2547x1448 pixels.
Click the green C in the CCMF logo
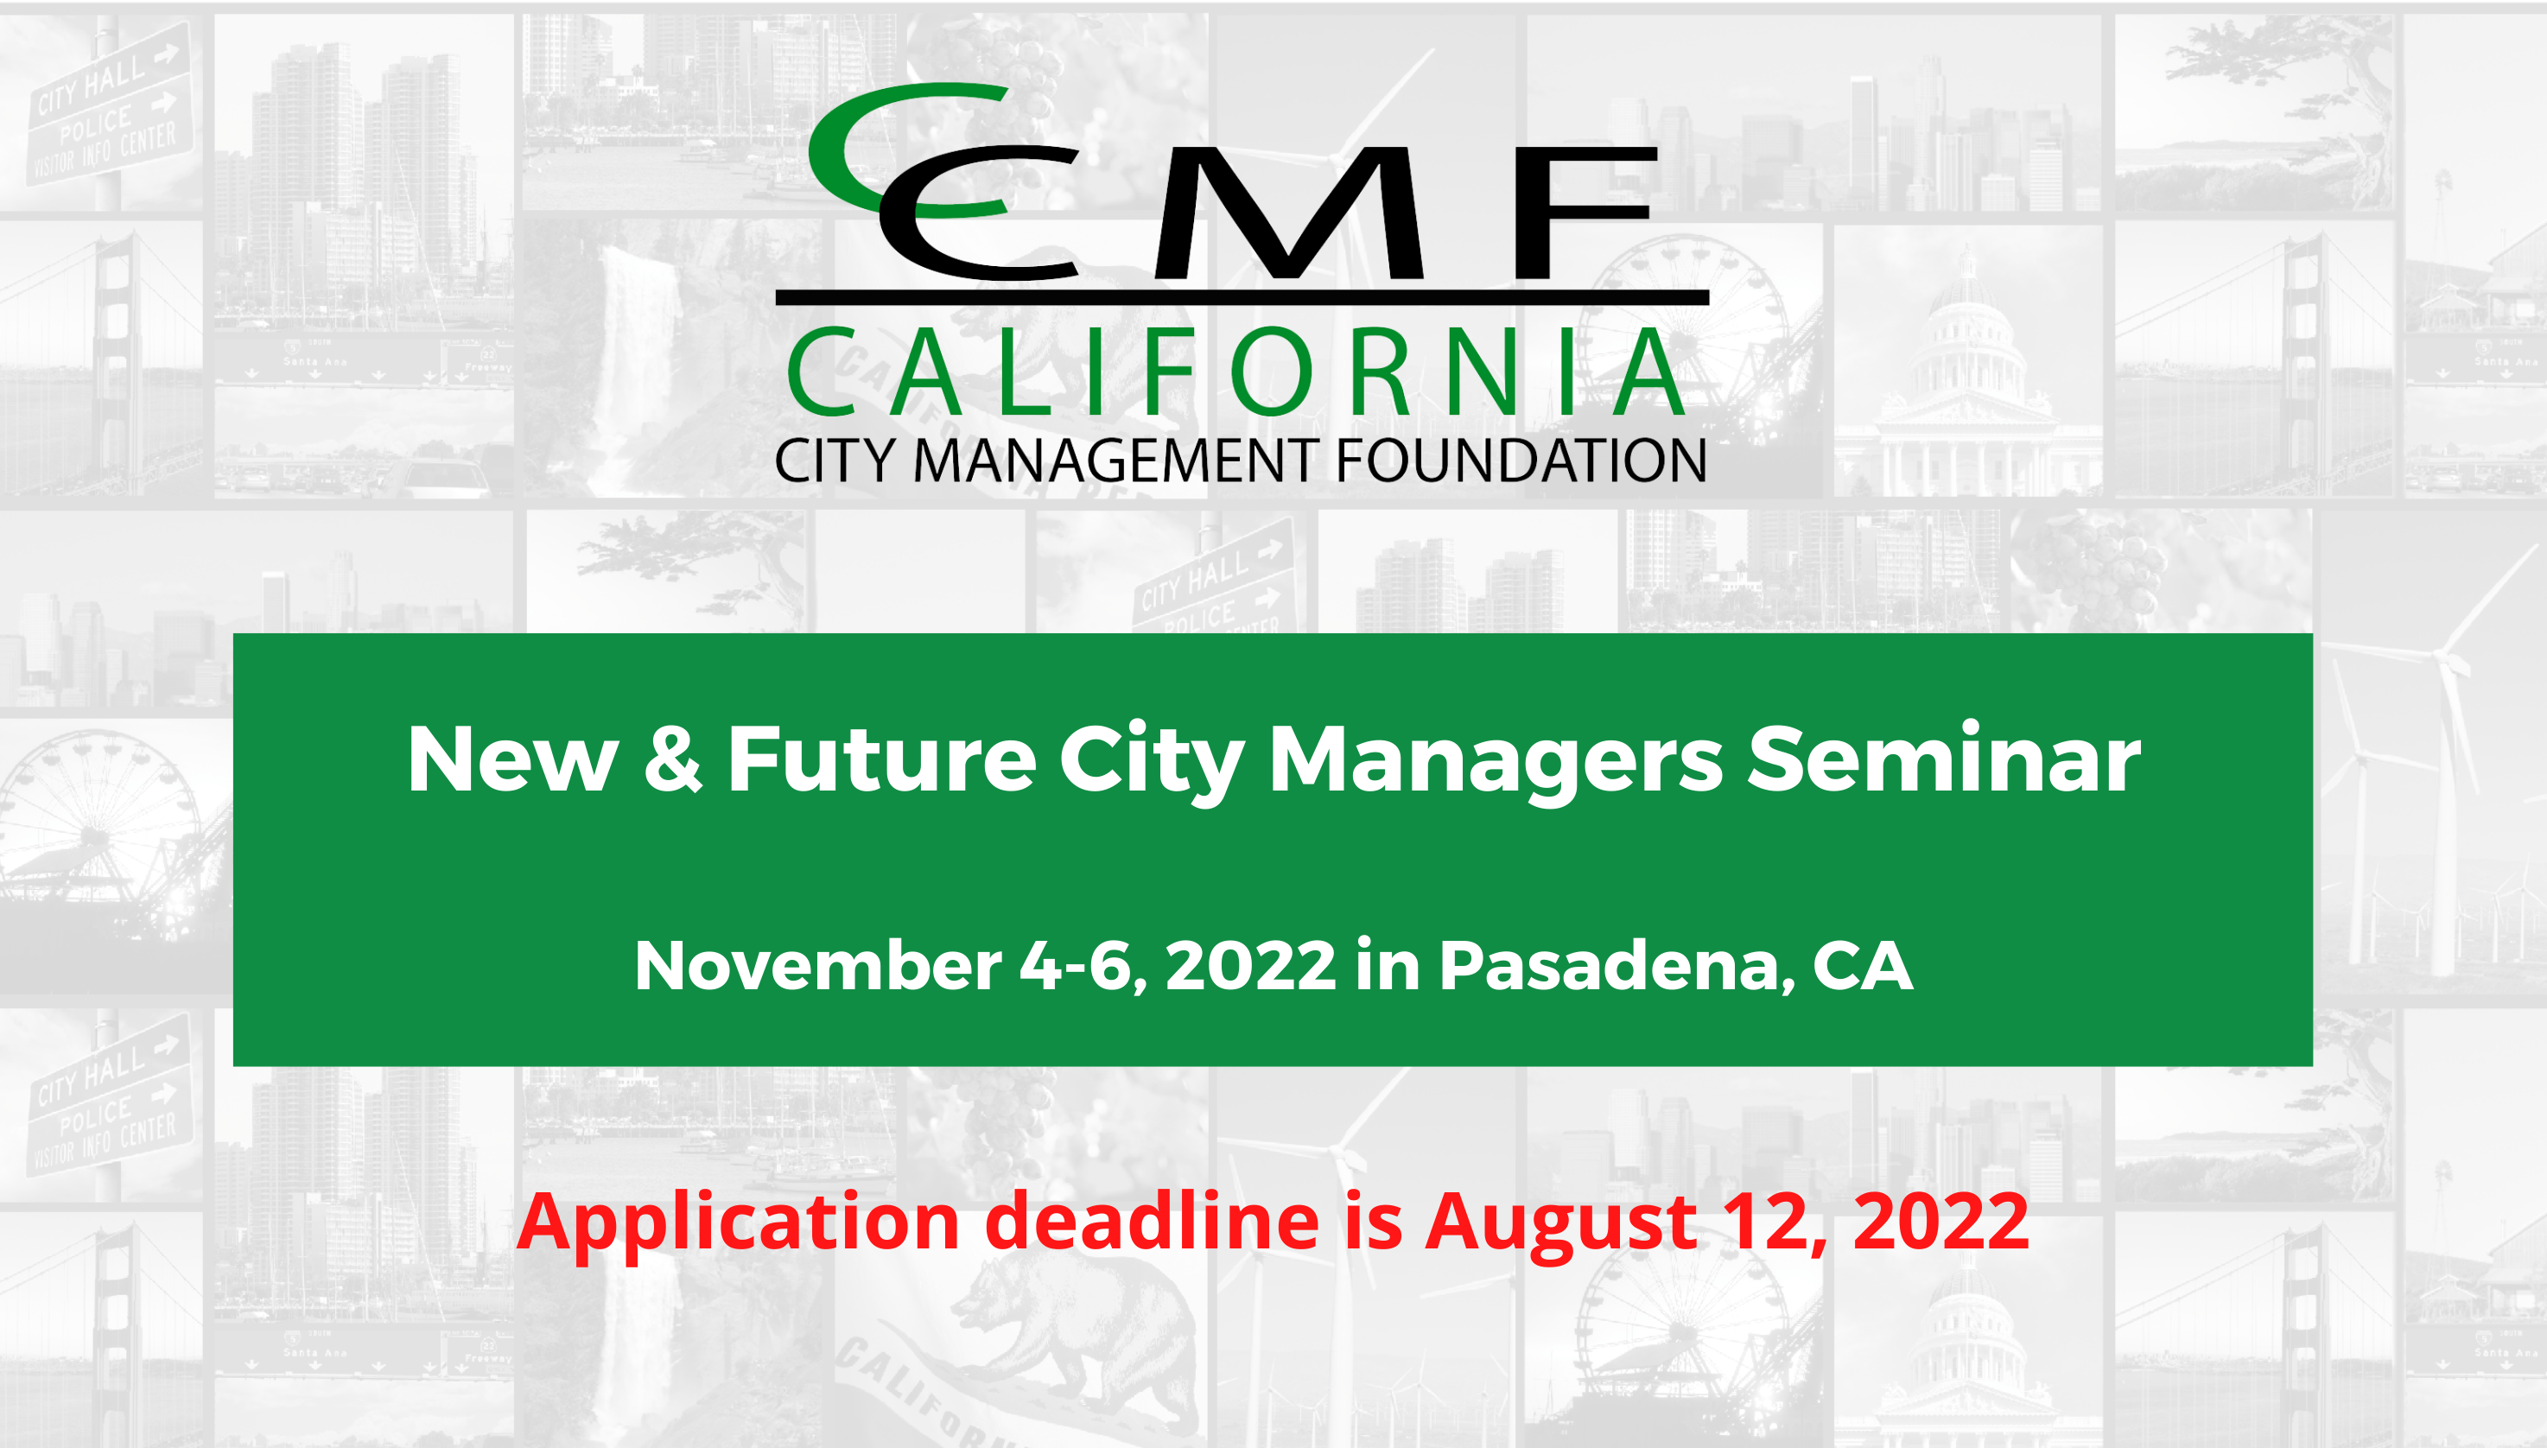click(x=845, y=149)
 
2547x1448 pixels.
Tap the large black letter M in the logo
click(x=1290, y=213)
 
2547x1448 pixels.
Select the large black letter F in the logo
click(x=1581, y=213)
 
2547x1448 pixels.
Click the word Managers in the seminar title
click(x=1495, y=761)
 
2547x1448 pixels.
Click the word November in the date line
click(x=817, y=966)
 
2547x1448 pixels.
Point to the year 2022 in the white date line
click(x=1250, y=966)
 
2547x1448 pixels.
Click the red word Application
click(x=738, y=1223)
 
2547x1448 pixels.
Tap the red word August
click(x=1561, y=1223)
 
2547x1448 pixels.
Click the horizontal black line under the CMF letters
click(x=1242, y=297)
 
